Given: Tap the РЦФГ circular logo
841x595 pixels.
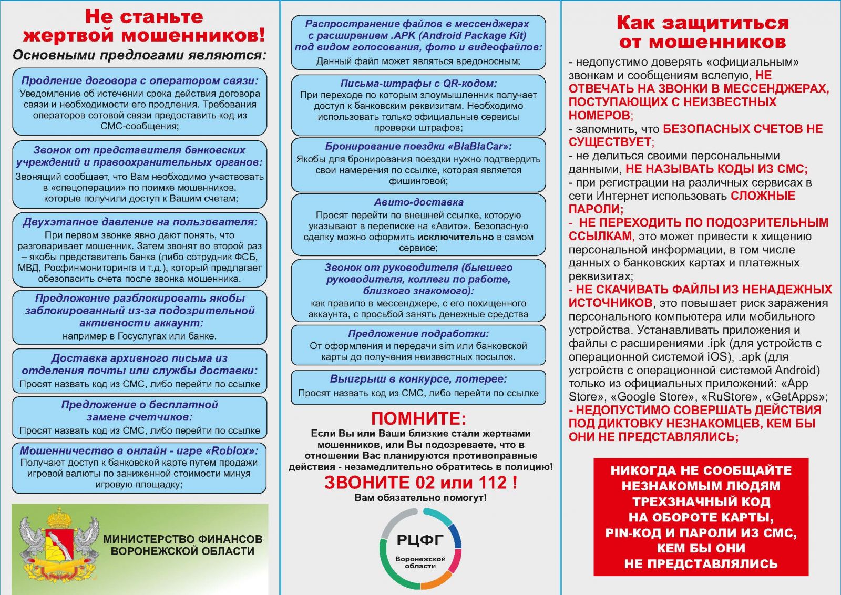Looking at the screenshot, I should point(420,548).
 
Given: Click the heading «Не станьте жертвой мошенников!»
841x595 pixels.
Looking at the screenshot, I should point(143,26).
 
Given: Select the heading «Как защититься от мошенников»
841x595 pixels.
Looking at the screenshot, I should point(702,32).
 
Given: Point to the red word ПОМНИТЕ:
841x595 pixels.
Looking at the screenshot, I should point(418,418).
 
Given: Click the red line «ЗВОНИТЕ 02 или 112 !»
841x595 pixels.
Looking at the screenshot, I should point(420,482).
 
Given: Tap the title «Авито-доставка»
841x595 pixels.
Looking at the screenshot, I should point(418,202).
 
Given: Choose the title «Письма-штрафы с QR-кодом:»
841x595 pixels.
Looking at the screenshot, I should point(418,83).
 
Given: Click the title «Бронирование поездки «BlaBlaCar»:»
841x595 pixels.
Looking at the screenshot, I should point(418,146).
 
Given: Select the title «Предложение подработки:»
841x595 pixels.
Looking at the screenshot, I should point(418,333).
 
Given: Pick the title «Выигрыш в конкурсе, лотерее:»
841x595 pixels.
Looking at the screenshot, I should point(418,379).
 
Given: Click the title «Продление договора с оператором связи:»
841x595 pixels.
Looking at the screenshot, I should point(140,80).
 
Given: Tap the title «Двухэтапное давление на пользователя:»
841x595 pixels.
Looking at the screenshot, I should point(140,222).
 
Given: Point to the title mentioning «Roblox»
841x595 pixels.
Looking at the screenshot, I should point(140,450).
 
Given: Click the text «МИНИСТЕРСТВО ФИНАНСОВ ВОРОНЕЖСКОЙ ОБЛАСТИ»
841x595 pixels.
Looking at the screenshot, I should point(182,545).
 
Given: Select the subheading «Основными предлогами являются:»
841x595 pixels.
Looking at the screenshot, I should point(139,55).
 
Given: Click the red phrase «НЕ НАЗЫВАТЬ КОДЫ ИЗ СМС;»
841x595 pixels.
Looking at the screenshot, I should point(716,169).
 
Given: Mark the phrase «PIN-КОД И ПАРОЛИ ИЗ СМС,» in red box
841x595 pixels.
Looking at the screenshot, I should point(701,533).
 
